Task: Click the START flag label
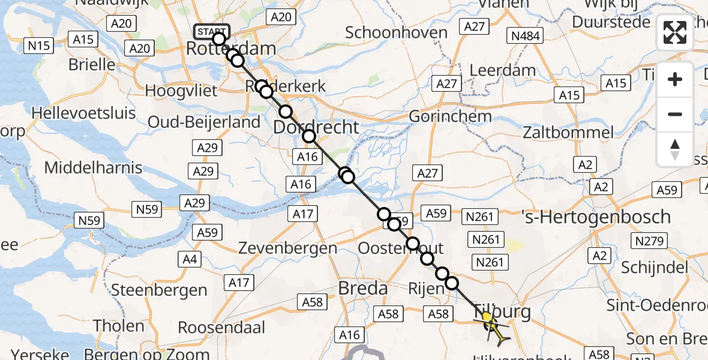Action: (211, 31)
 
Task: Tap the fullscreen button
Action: (675, 32)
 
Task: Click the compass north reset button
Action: (675, 149)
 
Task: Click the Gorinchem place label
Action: (450, 116)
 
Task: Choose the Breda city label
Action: (362, 289)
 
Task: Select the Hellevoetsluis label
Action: (83, 113)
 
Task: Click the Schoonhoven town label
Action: (397, 32)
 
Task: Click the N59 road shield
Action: (147, 209)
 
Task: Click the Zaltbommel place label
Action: (568, 133)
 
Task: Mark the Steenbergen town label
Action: (159, 291)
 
